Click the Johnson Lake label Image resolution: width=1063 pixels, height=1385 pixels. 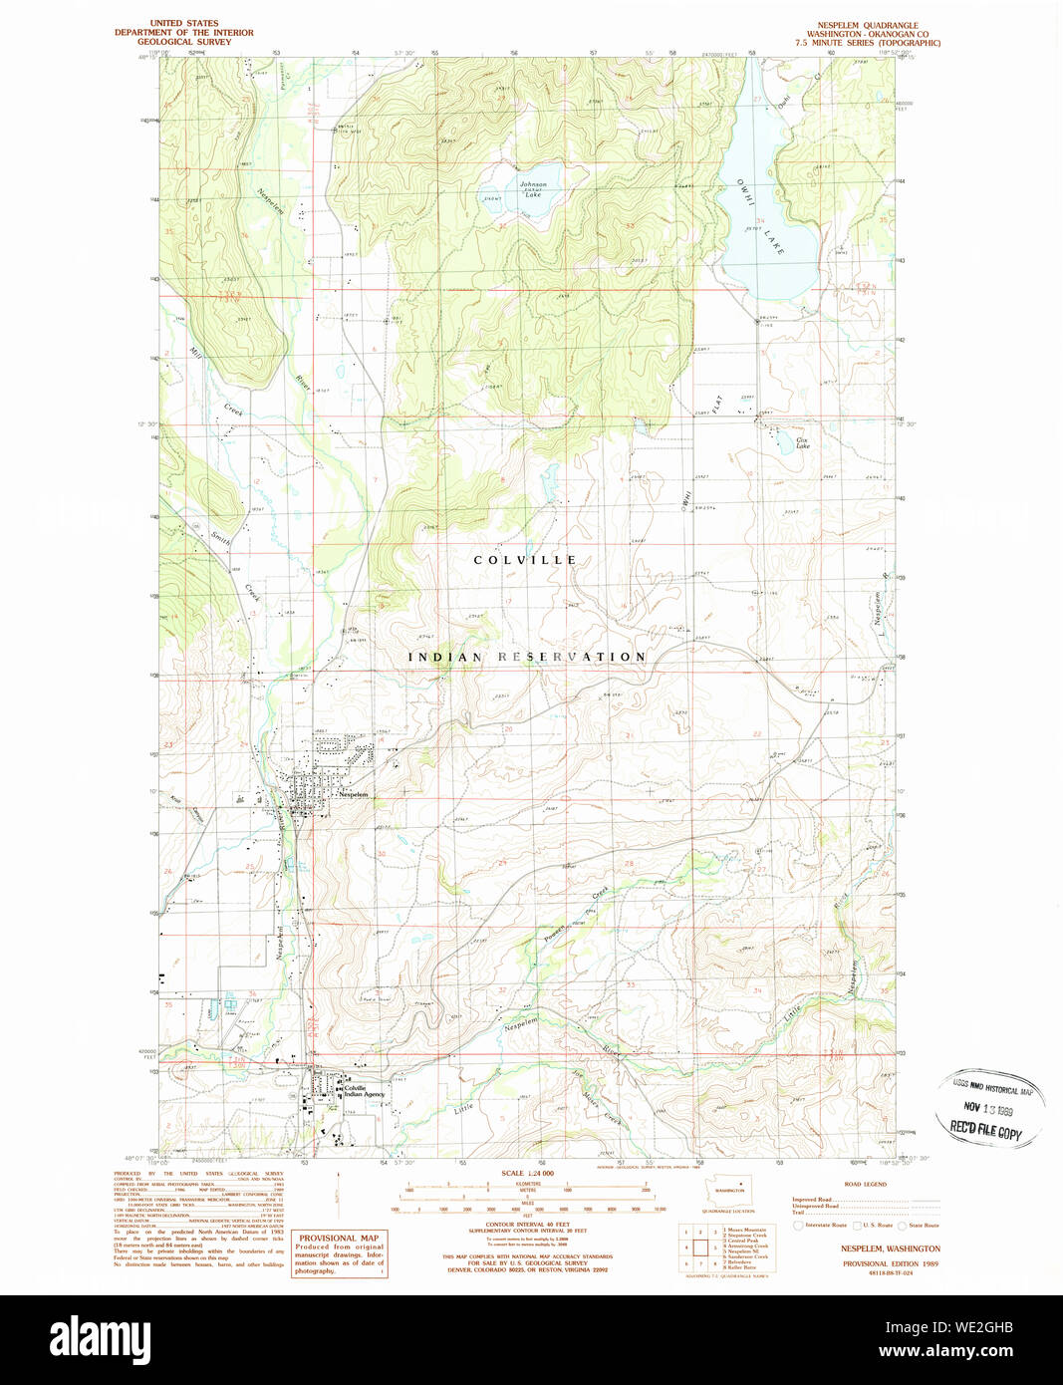click(x=533, y=189)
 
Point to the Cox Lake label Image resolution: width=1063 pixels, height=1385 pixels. click(x=802, y=442)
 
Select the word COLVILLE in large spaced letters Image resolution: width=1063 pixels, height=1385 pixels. click(x=525, y=560)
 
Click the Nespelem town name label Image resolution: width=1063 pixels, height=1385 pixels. click(x=353, y=795)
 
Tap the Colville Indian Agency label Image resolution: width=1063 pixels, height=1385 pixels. click(x=364, y=1091)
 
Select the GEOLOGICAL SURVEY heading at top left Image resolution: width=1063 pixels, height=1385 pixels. click(x=184, y=42)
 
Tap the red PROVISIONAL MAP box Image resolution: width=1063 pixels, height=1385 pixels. click(x=339, y=1253)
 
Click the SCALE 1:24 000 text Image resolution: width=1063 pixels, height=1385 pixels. click(x=526, y=1174)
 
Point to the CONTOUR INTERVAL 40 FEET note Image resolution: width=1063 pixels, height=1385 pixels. click(x=527, y=1224)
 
